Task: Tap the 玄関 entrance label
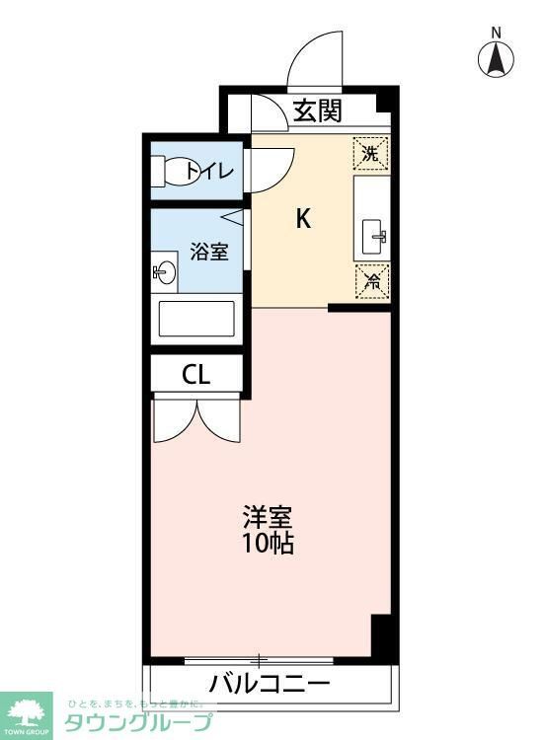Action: point(318,111)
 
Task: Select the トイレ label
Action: point(211,172)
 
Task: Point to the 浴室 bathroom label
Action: point(209,251)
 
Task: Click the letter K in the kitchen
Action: point(304,219)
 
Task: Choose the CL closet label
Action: point(195,375)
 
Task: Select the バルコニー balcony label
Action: point(269,683)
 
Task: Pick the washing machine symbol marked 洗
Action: point(370,153)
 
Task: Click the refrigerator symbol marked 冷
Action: point(372,282)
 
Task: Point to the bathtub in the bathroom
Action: point(197,319)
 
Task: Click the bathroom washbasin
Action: point(164,272)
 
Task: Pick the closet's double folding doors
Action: point(195,418)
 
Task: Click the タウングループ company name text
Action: point(138,722)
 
